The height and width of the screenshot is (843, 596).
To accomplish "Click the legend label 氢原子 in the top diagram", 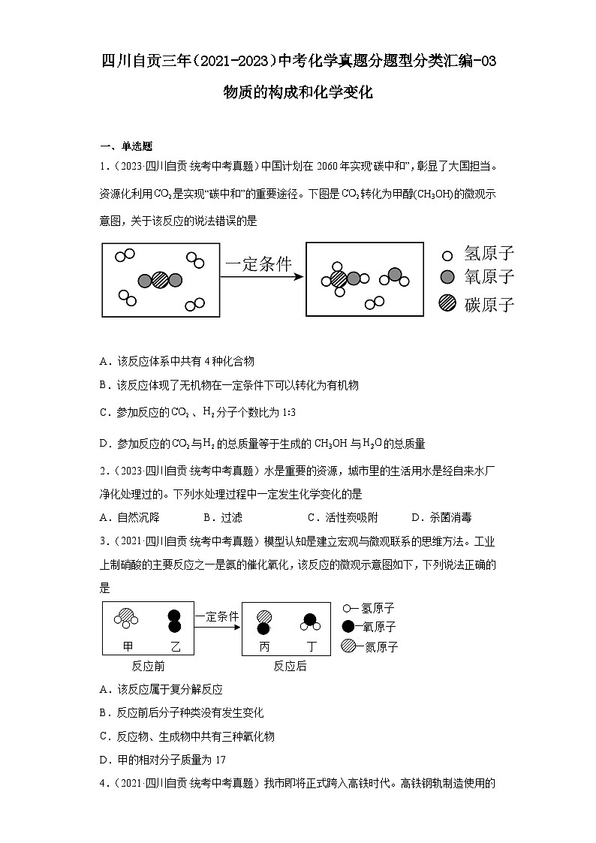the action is click(489, 254).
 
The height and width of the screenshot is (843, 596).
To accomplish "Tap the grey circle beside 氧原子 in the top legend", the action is click(448, 278).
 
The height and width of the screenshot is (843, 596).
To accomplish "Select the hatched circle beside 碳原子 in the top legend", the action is click(448, 303).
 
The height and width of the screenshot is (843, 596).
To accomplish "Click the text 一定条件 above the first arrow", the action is click(258, 263).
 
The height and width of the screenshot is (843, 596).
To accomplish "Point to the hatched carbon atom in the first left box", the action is click(160, 280).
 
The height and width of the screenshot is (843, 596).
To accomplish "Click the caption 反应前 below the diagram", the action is click(148, 666).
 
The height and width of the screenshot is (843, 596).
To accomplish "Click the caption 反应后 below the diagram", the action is click(290, 666).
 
